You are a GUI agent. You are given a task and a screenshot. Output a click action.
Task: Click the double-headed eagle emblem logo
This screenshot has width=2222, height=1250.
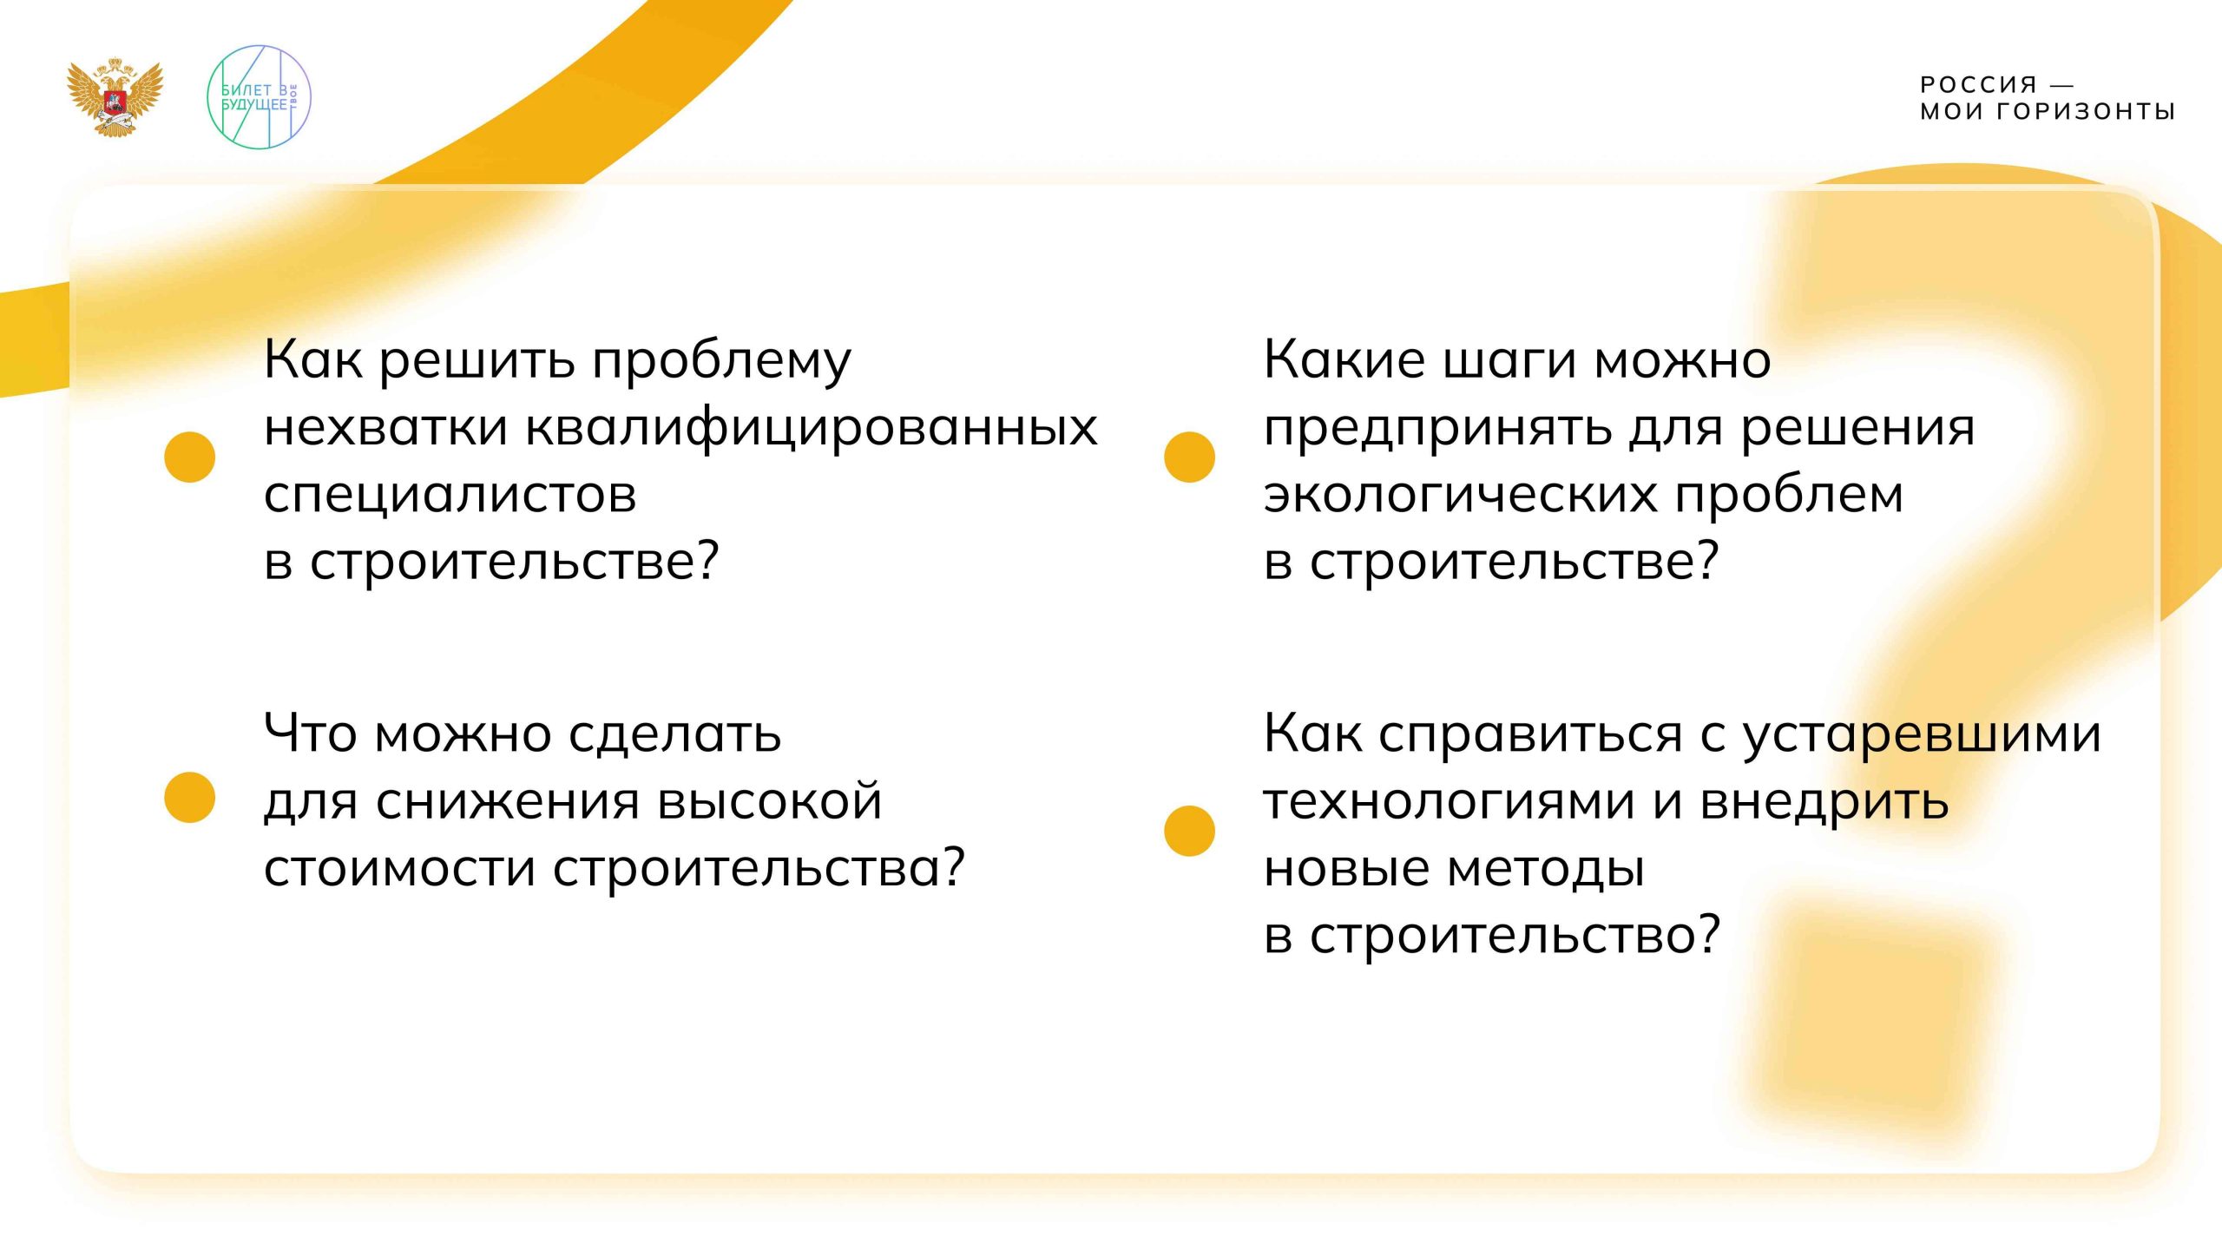(115, 96)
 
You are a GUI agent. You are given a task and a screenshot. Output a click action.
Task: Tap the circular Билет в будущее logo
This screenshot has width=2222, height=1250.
(258, 96)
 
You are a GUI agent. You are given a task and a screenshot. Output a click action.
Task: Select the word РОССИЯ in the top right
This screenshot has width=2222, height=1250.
(1978, 85)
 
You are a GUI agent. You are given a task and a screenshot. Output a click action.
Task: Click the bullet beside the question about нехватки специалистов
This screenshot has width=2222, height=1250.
(189, 457)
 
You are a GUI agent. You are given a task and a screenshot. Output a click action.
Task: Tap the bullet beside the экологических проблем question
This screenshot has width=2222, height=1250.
(1189, 457)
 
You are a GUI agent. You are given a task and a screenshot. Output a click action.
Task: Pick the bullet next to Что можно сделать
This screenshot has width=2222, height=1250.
(189, 797)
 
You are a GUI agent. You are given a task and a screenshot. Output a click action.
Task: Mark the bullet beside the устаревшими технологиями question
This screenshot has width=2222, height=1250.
(1189, 831)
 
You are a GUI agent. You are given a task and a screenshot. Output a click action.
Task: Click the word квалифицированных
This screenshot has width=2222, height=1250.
(812, 428)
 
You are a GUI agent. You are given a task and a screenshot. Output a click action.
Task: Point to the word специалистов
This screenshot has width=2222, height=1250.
(450, 495)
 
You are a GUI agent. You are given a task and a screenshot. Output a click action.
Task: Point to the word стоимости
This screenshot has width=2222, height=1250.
(399, 868)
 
